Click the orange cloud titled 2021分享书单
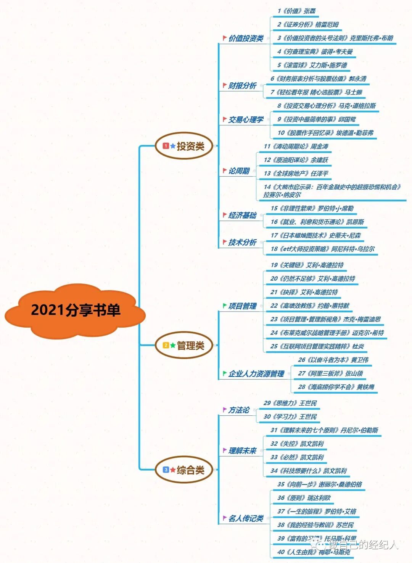[76, 310]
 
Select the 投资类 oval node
[184, 146]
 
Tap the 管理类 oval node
[184, 346]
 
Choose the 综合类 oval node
[184, 470]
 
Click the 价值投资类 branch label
[246, 39]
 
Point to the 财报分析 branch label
[242, 86]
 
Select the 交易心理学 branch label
[246, 120]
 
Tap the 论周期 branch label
[239, 171]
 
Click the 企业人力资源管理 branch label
[256, 374]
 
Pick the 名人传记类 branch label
[246, 518]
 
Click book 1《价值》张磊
[297, 11]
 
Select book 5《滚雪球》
[312, 65]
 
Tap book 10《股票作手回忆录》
[325, 133]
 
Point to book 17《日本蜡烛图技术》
[316, 235]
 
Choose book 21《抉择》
[304, 292]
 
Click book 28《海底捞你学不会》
[336, 387]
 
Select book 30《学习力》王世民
[290, 417]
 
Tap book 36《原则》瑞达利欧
[304, 498]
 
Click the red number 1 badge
[166, 146]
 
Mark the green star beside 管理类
[173, 345]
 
